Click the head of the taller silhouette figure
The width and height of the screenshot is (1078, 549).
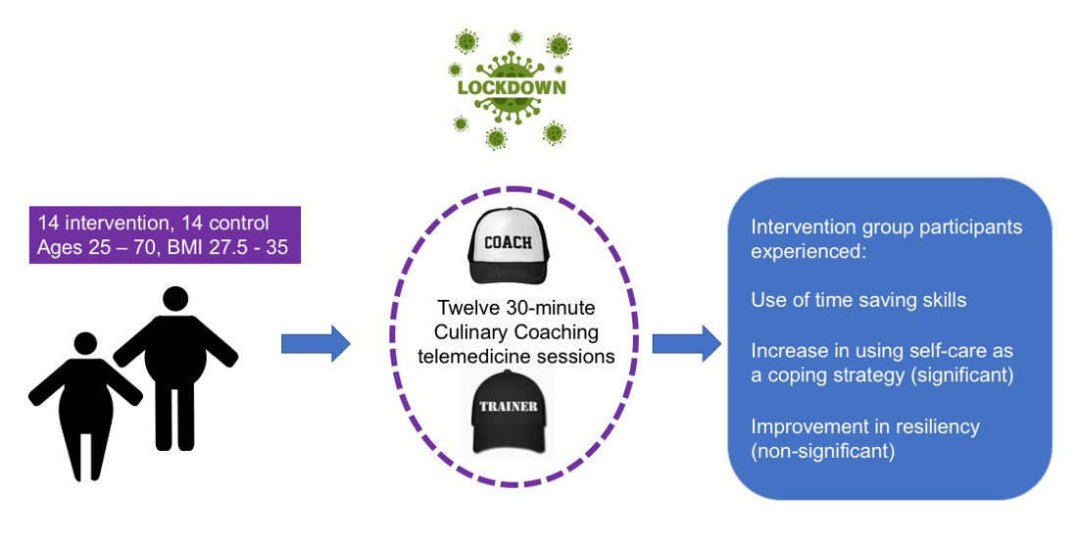[175, 303]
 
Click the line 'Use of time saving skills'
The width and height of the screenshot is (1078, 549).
[858, 300]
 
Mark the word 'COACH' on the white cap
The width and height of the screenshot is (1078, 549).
[509, 242]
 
